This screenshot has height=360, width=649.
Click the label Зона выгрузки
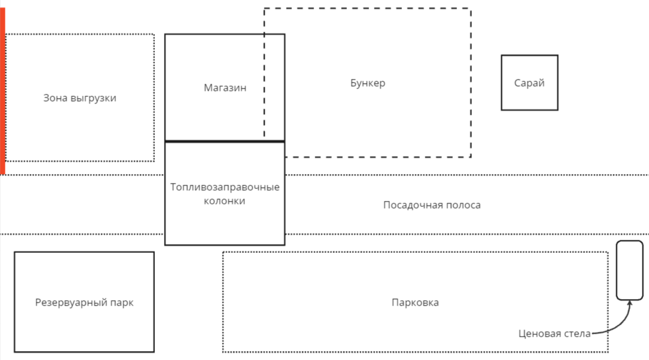[x=80, y=98]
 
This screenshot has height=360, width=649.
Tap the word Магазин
[x=225, y=88]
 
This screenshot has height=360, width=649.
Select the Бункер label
[x=367, y=83]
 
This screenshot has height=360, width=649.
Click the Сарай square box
[x=529, y=83]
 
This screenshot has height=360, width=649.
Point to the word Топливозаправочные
[x=225, y=188]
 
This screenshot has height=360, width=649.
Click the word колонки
[x=225, y=202]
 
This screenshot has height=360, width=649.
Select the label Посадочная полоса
[x=432, y=205]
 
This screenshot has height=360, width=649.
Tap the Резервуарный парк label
[x=84, y=303]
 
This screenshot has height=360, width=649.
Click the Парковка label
[x=415, y=303]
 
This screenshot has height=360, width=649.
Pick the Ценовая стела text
[x=554, y=334]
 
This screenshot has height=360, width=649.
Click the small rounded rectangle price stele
[x=629, y=270]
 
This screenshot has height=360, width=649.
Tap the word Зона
[x=56, y=98]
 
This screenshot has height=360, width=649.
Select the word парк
[x=122, y=303]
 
